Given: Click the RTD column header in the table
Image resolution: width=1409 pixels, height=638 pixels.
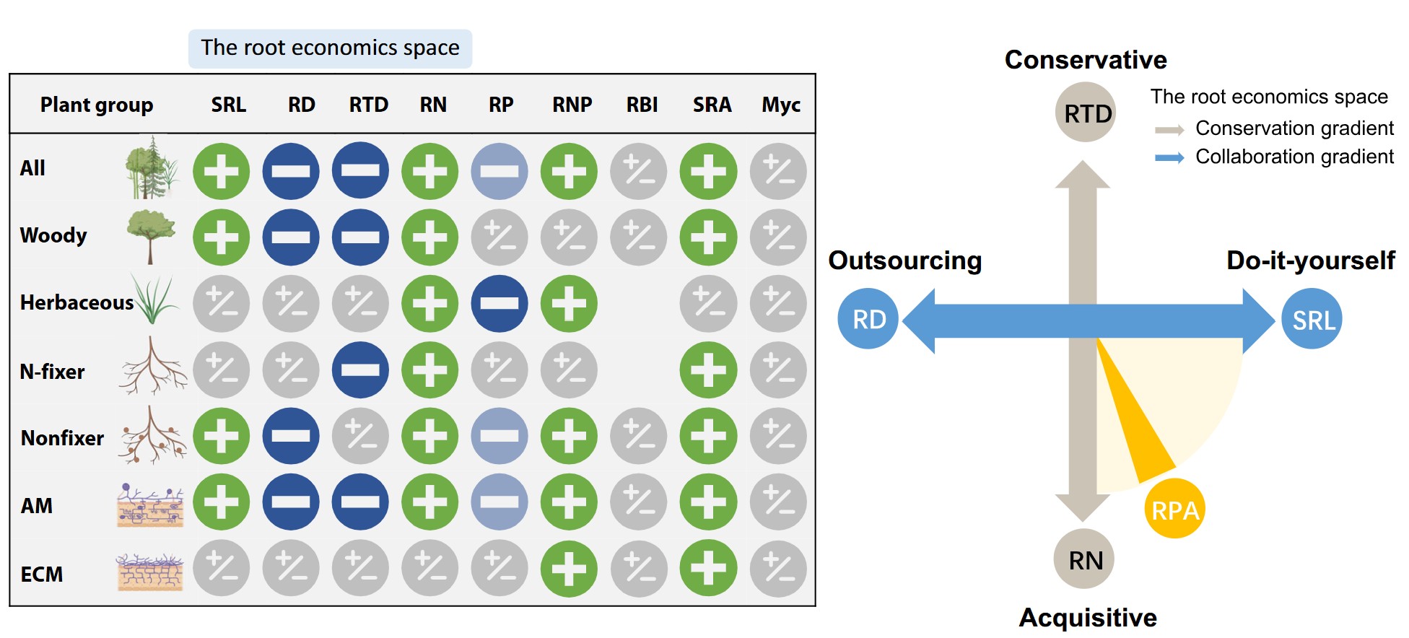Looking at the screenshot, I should point(368,105).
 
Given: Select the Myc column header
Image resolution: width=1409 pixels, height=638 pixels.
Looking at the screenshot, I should point(781,105).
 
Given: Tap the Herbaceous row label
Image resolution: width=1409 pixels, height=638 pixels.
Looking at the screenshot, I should point(77,302).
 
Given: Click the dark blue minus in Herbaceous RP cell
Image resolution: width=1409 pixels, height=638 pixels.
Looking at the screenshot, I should point(500,303).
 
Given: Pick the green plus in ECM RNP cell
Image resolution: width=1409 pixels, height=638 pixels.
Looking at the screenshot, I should point(569,569).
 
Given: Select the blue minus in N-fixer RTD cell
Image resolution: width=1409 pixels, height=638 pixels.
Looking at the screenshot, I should point(360,370).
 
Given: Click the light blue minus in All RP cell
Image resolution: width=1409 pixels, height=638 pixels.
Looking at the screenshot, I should point(500,172).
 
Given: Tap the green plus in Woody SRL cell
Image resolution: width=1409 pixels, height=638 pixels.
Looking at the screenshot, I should point(222,237).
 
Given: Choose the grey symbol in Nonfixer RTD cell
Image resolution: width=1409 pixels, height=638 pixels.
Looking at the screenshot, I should point(360,436).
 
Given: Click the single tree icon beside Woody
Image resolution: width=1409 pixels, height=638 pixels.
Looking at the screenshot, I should point(151,235).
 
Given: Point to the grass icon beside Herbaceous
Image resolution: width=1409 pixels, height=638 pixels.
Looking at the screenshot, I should point(155,300).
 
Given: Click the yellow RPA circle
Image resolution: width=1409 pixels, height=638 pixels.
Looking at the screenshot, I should point(1174,509).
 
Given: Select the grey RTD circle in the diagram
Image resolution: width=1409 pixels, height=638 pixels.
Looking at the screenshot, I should point(1086,113).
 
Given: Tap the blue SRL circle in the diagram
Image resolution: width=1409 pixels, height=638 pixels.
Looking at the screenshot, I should point(1312,319).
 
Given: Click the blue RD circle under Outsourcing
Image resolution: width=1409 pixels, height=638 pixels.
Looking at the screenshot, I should point(868,319).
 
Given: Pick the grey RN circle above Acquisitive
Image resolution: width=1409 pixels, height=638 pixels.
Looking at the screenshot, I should point(1085,559).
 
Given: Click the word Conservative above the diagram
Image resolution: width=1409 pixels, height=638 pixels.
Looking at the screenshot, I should point(1086,60).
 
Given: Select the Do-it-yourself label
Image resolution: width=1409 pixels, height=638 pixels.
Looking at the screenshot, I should point(1310,261).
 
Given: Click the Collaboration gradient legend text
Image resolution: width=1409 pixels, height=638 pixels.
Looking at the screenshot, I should point(1294,157).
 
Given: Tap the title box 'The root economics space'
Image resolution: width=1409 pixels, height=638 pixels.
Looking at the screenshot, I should point(330,48).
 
